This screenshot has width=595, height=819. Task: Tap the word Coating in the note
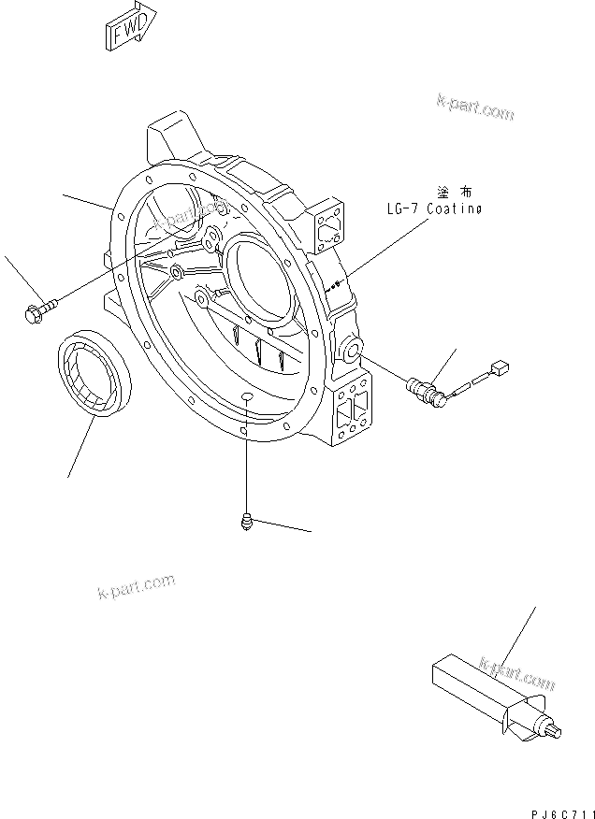[x=454, y=209]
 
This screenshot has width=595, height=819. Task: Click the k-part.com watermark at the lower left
[x=136, y=587]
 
